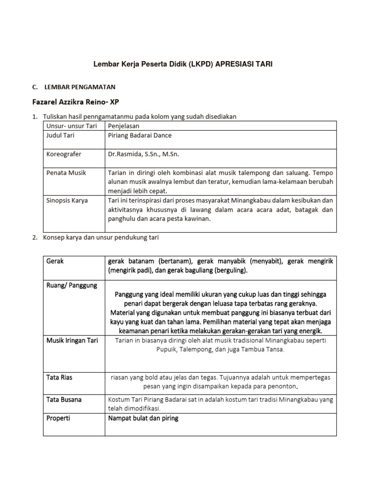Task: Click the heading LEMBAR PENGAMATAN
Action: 80,87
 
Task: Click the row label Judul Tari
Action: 61,135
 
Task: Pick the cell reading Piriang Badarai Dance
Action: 140,135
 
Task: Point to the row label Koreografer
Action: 64,154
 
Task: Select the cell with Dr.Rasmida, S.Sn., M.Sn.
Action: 143,154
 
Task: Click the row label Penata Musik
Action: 66,173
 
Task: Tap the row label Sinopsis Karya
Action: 67,201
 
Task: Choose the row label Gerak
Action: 55,261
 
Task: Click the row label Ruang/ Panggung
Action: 72,285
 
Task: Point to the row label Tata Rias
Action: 60,377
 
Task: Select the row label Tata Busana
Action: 64,399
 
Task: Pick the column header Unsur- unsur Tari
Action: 71,126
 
